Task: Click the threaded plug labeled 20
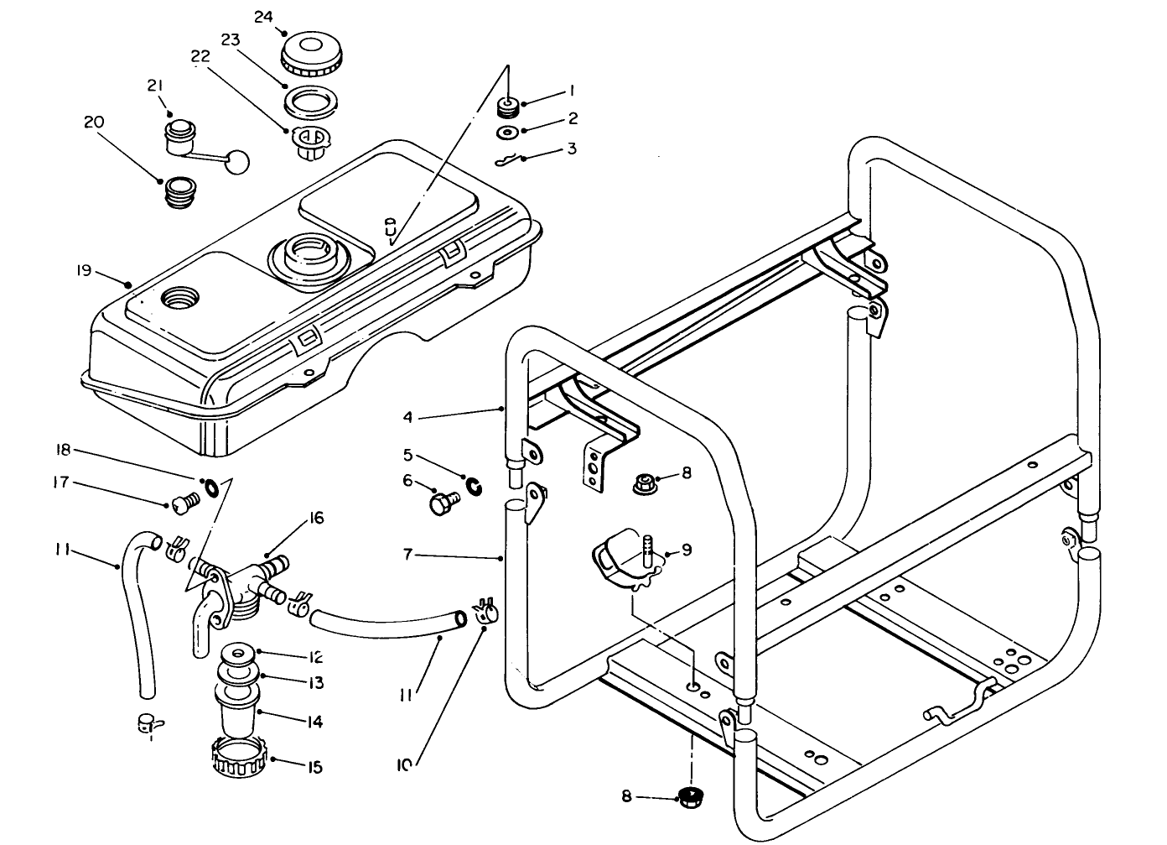[179, 193]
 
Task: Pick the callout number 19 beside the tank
[83, 270]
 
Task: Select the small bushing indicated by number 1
[506, 107]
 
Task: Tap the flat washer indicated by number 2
[506, 132]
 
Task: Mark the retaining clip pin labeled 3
[505, 159]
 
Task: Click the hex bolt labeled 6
[441, 504]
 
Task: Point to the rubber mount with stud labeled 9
[625, 565]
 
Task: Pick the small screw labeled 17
[184, 503]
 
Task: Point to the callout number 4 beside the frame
[407, 415]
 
